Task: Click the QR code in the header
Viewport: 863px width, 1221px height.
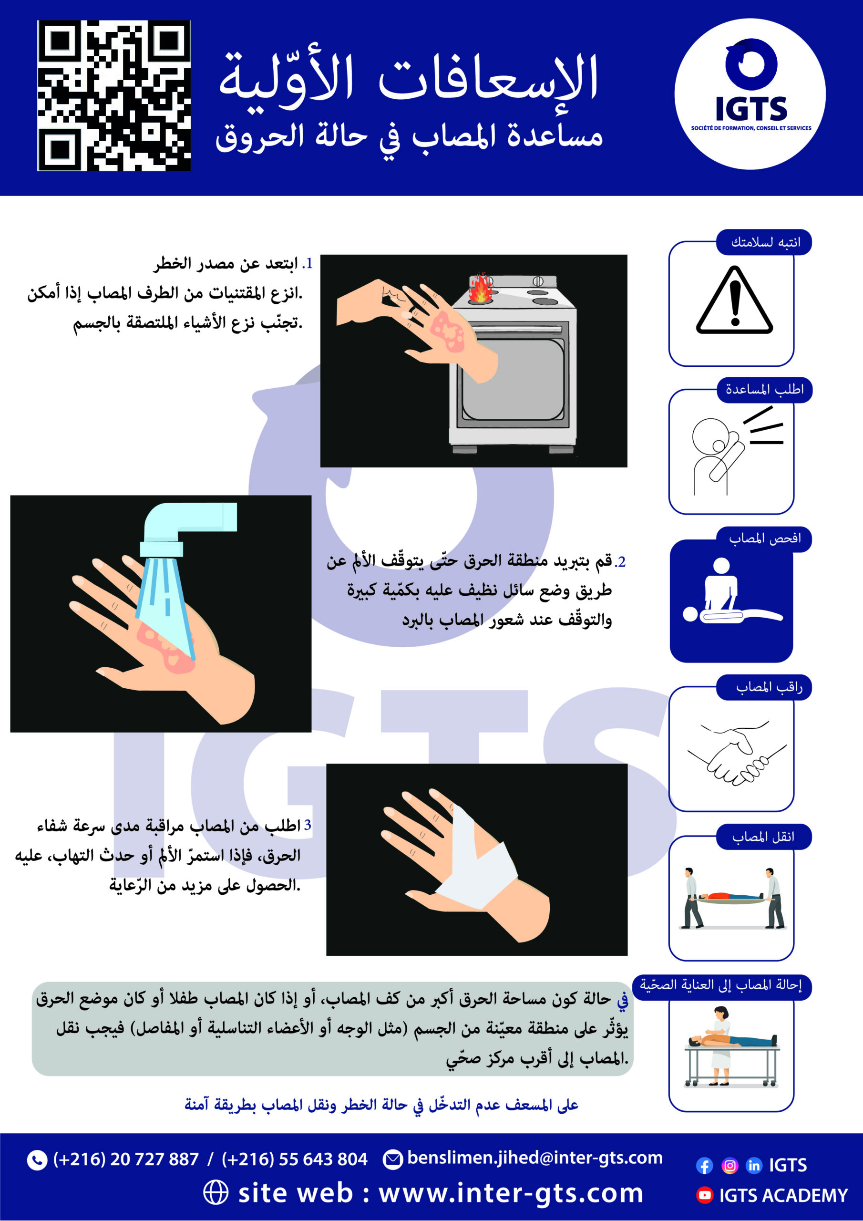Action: point(114,96)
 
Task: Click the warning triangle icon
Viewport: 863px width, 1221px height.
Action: point(734,300)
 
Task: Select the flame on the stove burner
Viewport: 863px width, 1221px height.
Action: point(481,288)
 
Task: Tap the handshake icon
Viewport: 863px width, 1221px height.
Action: point(737,753)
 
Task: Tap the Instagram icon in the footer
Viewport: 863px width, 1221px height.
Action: point(730,1166)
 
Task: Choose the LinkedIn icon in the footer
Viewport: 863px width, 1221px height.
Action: point(754,1166)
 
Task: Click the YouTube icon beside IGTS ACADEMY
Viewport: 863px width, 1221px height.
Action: point(705,1195)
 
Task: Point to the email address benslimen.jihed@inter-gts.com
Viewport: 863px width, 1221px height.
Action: point(535,1158)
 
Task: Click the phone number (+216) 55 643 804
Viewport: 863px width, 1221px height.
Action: point(295,1159)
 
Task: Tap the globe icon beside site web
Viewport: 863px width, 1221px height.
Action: point(216,1193)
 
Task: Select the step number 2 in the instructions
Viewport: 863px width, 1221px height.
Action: point(620,562)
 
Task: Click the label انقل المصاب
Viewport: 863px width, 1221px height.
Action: point(763,837)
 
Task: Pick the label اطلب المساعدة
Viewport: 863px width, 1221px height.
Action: point(765,390)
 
